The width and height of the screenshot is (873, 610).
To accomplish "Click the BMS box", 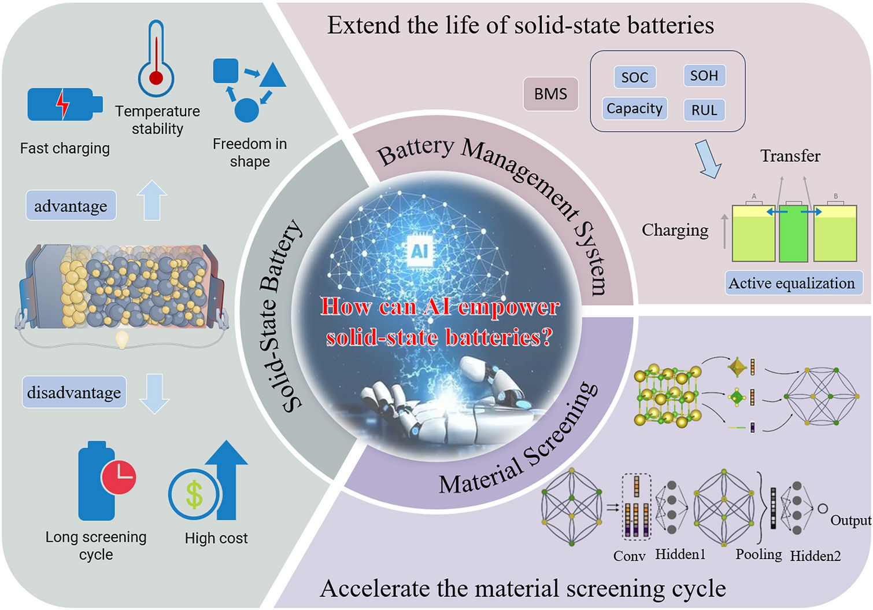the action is coord(550,94).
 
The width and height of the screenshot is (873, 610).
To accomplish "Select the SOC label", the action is coord(635,77).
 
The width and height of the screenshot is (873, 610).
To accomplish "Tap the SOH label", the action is coord(704,75).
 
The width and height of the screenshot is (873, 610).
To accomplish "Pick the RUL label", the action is coord(704,110).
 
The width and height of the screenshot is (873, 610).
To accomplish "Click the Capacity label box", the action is coord(634,108).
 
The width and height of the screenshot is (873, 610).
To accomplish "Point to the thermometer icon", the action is coord(156,58).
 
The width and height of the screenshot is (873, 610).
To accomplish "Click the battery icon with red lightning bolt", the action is coord(65,104).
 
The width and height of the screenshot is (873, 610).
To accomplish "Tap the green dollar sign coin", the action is coord(194,494).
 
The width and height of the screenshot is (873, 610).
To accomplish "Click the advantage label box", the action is coord(71,205).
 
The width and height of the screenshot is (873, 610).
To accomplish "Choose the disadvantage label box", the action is coord(74,392).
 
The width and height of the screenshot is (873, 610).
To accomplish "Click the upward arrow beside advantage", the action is coord(152,200).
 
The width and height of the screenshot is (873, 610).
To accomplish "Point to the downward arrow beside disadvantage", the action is coord(154,394).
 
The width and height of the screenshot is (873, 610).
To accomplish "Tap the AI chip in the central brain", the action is coord(420,251).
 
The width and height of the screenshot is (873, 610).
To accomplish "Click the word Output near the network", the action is coord(850,520).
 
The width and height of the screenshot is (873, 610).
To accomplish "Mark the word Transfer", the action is coord(790,156).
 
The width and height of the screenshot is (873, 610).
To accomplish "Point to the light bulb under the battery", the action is coord(123,339).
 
